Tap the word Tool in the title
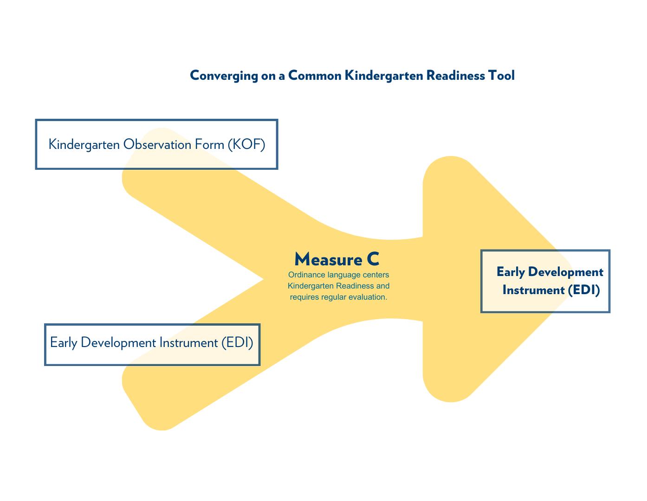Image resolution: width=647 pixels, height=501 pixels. click(501, 75)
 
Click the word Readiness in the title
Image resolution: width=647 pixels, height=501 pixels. click(455, 75)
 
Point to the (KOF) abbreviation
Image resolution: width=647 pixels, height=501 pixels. click(246, 144)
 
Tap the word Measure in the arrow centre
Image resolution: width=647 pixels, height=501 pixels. click(328, 259)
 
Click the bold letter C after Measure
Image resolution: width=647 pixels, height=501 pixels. click(373, 259)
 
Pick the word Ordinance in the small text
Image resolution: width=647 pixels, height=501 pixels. click(306, 275)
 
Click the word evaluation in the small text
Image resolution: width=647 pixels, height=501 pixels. click(369, 297)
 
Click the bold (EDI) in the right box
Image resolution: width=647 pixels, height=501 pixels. click(583, 290)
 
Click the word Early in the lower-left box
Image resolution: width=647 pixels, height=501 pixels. click(64, 343)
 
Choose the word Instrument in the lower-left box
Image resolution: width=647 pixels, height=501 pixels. click(188, 343)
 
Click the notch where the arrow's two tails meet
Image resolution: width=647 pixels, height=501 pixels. click(264, 279)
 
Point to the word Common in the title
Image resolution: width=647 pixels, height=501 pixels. click(315, 75)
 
